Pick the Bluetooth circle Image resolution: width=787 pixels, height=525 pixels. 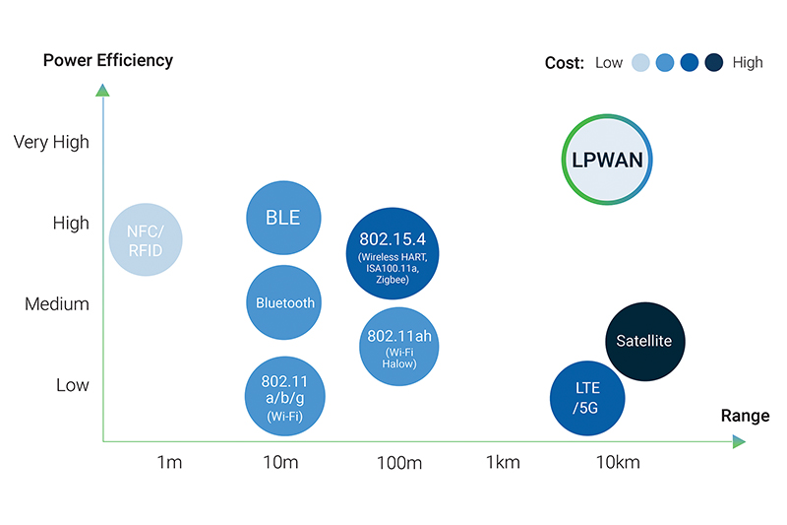tap(284, 302)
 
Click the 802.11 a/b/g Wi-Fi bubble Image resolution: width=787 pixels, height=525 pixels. tap(284, 396)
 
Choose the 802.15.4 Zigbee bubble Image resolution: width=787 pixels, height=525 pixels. tap(392, 253)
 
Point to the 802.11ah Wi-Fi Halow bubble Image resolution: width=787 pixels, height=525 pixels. tap(399, 345)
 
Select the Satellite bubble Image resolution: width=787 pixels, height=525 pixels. tap(644, 341)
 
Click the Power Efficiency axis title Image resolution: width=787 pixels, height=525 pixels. tap(108, 60)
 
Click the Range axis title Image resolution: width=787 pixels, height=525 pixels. tap(745, 416)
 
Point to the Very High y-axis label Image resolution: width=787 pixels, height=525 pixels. tap(51, 142)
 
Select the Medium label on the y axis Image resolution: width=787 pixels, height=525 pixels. tap(57, 304)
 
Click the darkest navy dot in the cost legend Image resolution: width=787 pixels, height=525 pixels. tap(714, 63)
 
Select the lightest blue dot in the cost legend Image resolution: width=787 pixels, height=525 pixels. tap(641, 63)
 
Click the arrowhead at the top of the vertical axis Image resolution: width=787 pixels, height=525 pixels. tap(102, 91)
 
